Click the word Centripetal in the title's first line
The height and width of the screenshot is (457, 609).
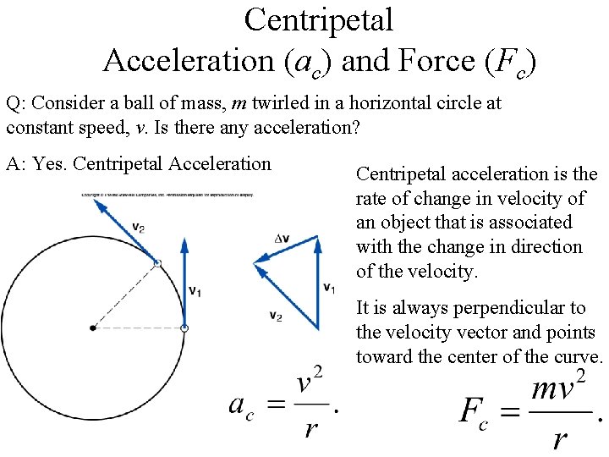[x=319, y=20]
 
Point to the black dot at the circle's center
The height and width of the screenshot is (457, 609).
[x=93, y=328]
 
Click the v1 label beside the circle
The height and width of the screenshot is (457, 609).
[x=195, y=291]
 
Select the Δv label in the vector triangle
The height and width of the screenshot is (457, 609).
[x=283, y=240]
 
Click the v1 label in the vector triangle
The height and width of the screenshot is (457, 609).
[x=330, y=288]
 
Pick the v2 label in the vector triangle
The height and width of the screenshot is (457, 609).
[x=276, y=316]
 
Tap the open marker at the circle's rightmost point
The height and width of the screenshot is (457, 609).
[x=184, y=328]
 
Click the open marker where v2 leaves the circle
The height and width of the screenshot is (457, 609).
[x=157, y=263]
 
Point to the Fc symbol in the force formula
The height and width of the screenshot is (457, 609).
[x=474, y=414]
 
